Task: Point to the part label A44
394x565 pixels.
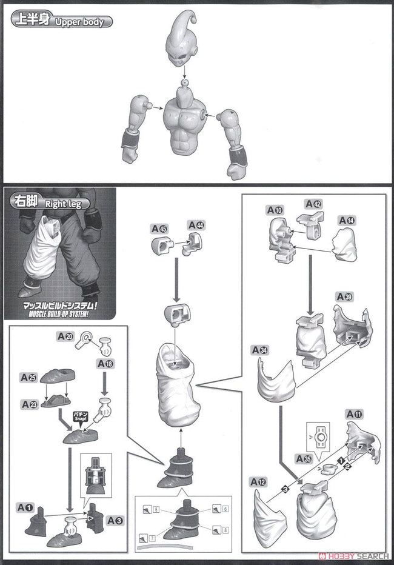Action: click(196, 224)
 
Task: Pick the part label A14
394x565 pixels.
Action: click(347, 220)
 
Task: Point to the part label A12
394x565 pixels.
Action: click(259, 482)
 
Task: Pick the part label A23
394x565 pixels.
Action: click(29, 403)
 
